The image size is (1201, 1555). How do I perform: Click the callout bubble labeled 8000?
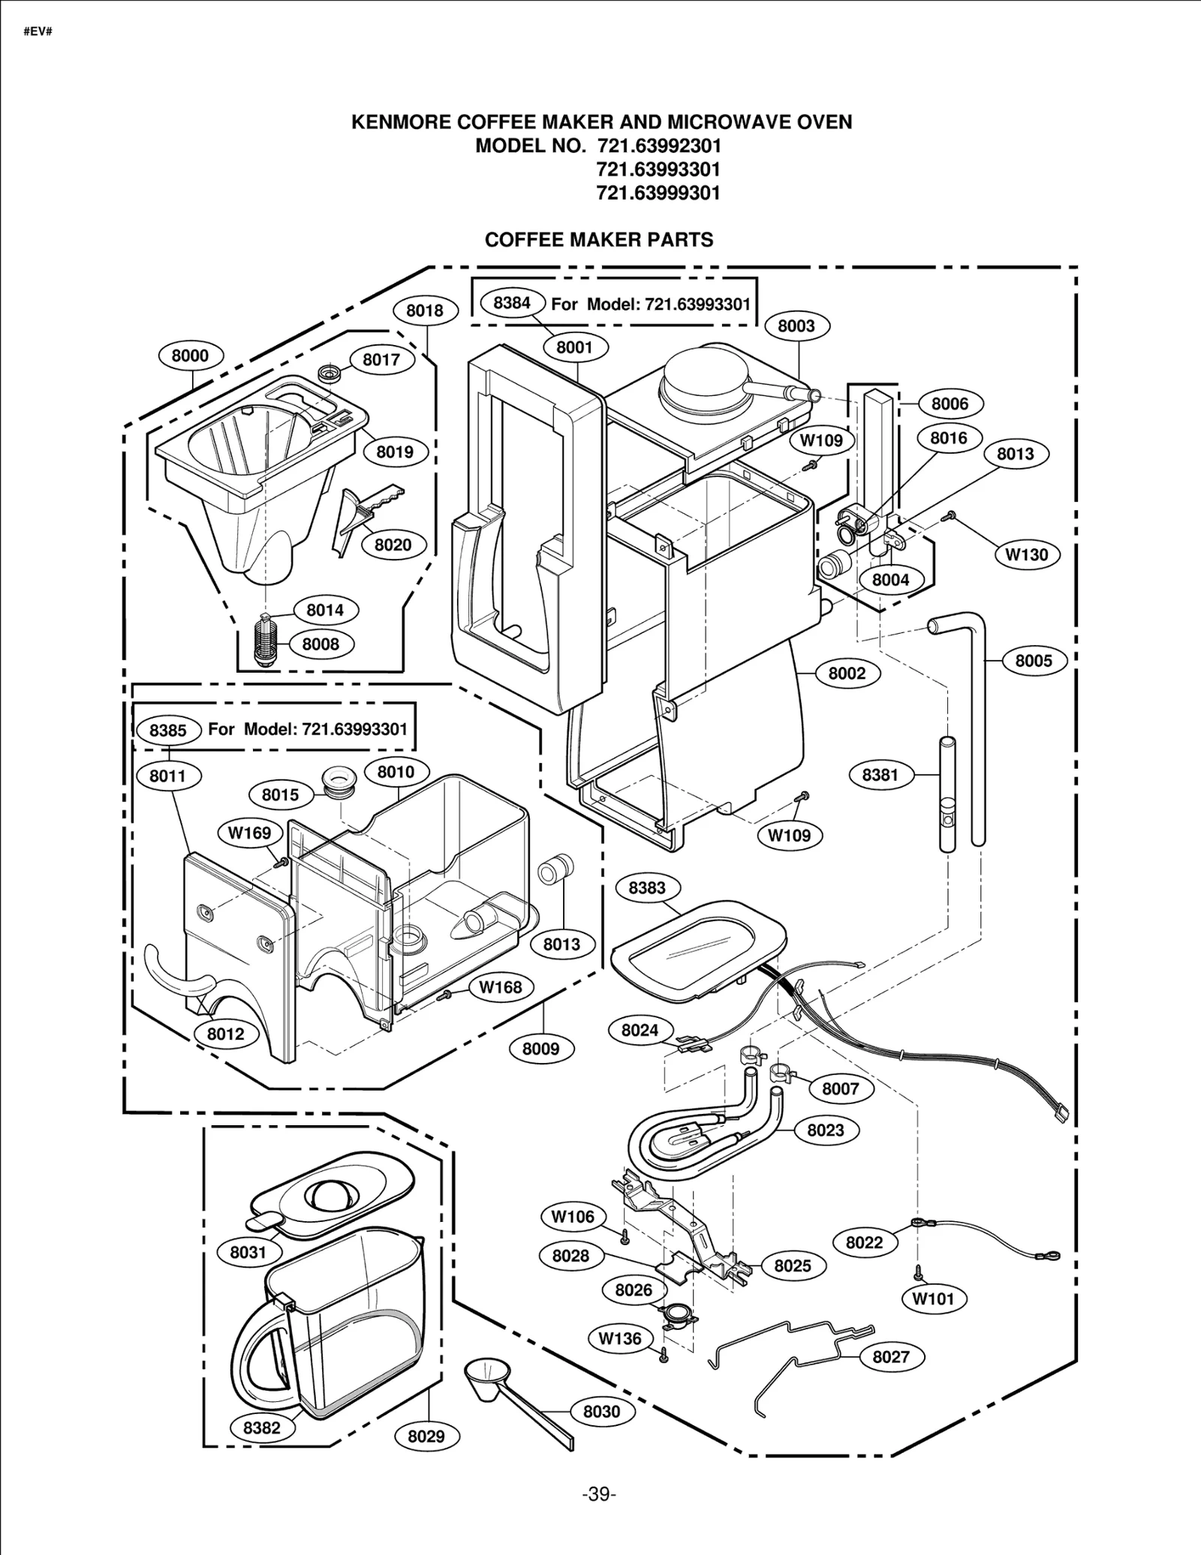tap(190, 356)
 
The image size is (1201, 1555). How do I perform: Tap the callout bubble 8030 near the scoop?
tap(601, 1412)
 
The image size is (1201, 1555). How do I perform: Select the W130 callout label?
tap(1026, 555)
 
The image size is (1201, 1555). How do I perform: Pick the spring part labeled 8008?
tap(263, 643)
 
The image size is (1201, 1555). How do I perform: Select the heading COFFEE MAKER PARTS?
tap(598, 240)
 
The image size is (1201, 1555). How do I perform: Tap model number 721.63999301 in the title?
tap(658, 193)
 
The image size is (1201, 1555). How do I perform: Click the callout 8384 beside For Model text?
tap(512, 302)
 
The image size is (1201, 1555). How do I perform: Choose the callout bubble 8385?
tap(167, 730)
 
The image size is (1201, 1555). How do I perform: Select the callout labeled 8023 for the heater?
tap(825, 1130)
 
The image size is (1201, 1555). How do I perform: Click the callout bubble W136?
tap(620, 1338)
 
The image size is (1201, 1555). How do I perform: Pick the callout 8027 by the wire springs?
tap(890, 1357)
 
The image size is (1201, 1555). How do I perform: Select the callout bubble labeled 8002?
tap(847, 674)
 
